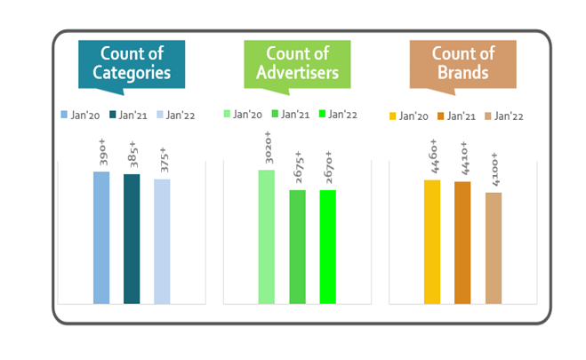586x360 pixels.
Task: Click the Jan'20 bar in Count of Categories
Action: tap(101, 238)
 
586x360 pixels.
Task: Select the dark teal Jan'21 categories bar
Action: tap(132, 239)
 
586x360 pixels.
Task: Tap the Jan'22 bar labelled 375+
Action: tap(162, 242)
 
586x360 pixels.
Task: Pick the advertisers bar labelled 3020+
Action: tap(267, 236)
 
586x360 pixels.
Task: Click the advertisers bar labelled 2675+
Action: tap(298, 247)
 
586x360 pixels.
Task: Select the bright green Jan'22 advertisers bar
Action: tap(328, 247)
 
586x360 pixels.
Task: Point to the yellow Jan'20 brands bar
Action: tap(432, 242)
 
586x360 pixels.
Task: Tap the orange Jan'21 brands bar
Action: tap(462, 243)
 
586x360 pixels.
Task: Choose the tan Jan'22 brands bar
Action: tap(494, 248)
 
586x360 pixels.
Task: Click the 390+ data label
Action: tap(102, 152)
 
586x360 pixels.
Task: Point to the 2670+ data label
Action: tap(328, 167)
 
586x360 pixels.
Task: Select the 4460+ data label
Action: tap(434, 156)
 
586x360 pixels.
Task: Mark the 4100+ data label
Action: tap(494, 169)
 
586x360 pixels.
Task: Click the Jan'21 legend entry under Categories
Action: tap(128, 115)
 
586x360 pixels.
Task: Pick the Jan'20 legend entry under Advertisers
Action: tap(243, 115)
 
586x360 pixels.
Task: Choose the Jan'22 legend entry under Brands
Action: tap(504, 116)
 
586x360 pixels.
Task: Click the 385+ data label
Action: tap(132, 155)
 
